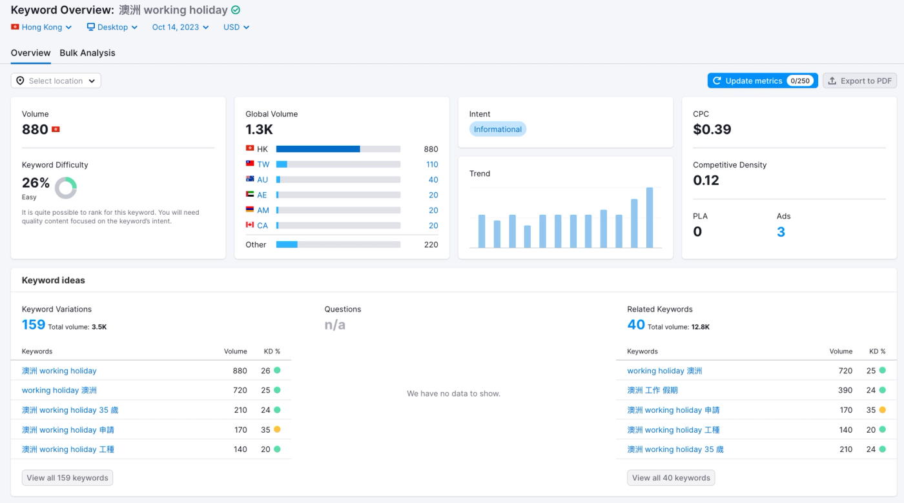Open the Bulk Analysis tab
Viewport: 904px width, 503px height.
point(87,53)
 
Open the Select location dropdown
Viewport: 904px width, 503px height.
point(56,81)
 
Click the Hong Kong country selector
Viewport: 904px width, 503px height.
point(41,27)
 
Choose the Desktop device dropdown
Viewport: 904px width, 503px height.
point(112,27)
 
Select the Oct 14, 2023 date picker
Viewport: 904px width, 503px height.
point(180,27)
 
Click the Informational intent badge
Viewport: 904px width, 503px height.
point(497,129)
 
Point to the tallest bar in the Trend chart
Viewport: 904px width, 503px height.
point(650,217)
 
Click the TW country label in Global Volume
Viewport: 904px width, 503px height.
point(263,164)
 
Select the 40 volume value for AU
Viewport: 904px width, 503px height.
point(433,180)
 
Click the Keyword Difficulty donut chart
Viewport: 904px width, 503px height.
point(66,188)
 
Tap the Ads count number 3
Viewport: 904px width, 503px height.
point(781,232)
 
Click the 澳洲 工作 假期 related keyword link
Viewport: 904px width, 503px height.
point(652,390)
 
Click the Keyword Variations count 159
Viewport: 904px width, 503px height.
point(34,324)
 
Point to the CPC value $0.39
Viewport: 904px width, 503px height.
point(712,129)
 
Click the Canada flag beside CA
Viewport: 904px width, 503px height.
point(250,225)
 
